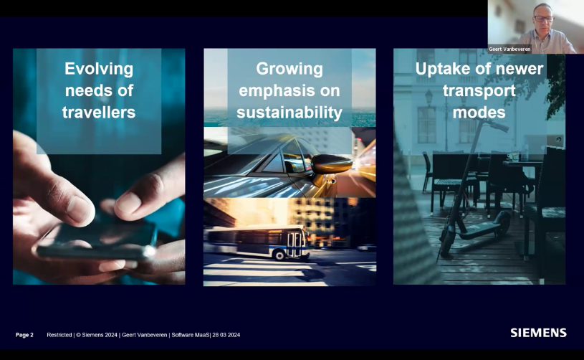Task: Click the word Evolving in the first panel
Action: pos(99,70)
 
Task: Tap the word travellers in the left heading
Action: pos(99,112)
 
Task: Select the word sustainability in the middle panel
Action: pos(289,113)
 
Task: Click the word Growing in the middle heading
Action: pos(289,70)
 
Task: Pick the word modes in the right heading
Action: pos(479,112)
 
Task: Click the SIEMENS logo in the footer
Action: pos(538,333)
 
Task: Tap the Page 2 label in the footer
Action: pos(24,335)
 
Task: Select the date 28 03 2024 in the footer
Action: pos(226,335)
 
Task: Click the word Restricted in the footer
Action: pos(59,335)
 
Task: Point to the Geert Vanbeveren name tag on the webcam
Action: pos(509,49)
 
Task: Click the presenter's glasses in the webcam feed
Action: pos(543,18)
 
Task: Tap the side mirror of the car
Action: pos(331,164)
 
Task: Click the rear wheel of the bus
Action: pos(278,255)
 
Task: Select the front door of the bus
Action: pos(295,245)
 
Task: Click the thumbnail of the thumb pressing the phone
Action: pos(80,209)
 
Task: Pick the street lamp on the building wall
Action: pos(429,98)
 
